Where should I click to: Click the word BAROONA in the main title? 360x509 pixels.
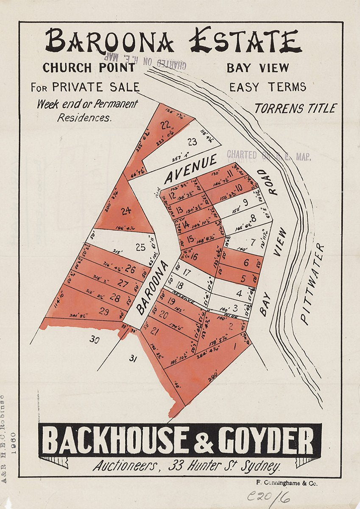coord(109,42)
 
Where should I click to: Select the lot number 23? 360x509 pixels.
coord(192,142)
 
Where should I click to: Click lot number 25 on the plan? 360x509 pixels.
coord(140,247)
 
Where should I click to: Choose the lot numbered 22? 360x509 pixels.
coord(165,125)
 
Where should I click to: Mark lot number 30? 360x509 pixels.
coord(94,338)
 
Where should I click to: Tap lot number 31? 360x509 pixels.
coord(133,359)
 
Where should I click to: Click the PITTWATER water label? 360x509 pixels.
coord(312,284)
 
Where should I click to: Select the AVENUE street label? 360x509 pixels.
coord(191,171)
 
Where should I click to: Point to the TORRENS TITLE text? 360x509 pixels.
coord(296,108)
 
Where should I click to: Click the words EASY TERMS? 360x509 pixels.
coord(268,87)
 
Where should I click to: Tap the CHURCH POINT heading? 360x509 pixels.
coord(88,67)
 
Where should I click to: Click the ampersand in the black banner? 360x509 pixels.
coord(204,441)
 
